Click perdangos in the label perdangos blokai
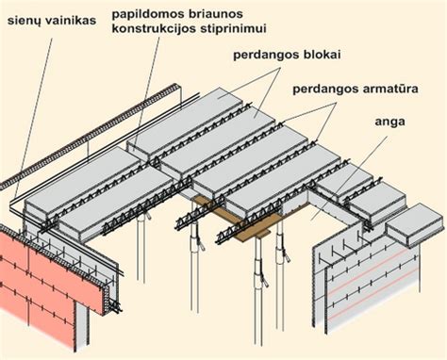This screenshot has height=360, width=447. [265, 54]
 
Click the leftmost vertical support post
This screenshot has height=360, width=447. [141, 269]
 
